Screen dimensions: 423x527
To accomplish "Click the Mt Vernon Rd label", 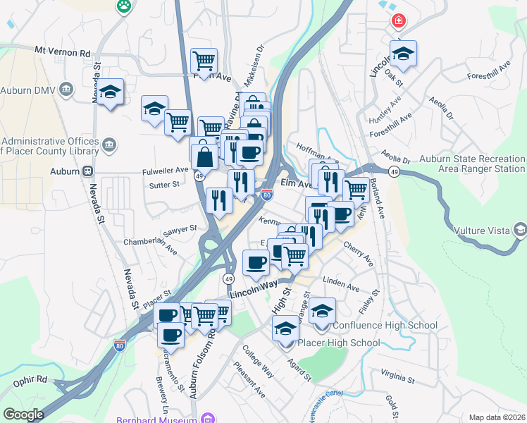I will [x=63, y=52].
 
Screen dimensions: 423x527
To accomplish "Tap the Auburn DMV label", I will [x=29, y=90].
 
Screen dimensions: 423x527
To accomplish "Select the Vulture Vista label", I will [x=486, y=230].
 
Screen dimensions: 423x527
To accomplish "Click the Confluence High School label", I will [x=385, y=325].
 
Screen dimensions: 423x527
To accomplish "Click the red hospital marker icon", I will [x=399, y=21].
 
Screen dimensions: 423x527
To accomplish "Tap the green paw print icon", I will [x=124, y=6].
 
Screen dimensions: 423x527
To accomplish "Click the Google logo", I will [x=23, y=415].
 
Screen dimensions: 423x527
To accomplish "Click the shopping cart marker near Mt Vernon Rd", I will [x=204, y=60].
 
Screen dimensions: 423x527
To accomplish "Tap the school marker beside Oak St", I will [x=403, y=53].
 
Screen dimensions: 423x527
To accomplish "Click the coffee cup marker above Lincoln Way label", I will [x=256, y=262].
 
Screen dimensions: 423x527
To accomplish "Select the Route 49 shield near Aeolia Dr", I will [x=394, y=171].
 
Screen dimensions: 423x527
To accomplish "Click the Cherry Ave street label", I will [x=359, y=255].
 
